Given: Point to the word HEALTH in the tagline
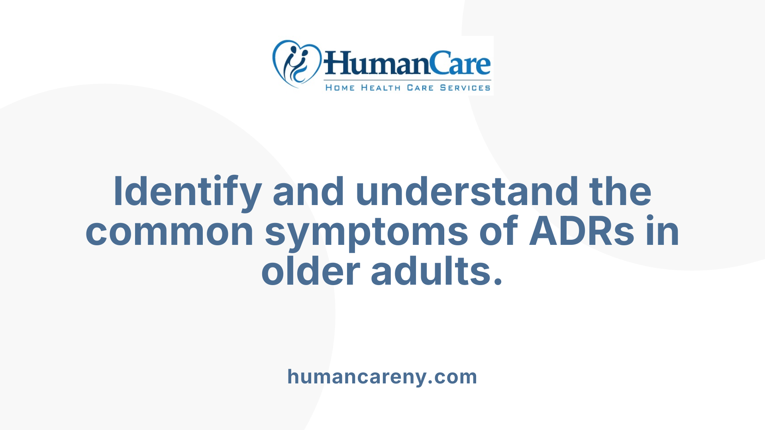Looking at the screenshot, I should [381, 88].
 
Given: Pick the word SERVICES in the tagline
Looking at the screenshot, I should [465, 88].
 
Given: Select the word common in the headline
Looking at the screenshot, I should [170, 232].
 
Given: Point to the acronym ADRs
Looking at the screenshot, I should [581, 232].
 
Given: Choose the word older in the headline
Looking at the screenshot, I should [311, 272].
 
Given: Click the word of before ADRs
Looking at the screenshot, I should [498, 232].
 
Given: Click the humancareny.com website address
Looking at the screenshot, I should [382, 377].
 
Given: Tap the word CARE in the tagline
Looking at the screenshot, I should [420, 88].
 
